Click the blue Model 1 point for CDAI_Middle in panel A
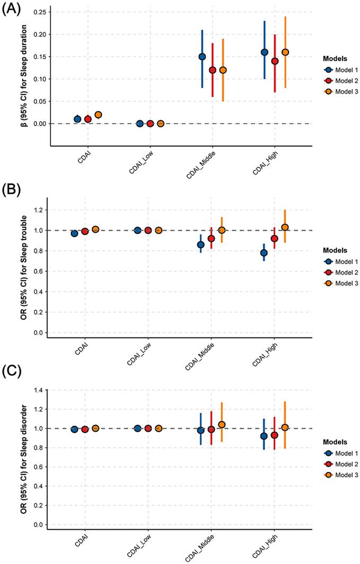coord(202,57)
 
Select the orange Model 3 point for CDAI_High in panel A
coord(285,52)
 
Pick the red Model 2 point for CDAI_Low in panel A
coord(150,123)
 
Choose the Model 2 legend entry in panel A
coord(336,80)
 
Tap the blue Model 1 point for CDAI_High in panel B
coord(264,252)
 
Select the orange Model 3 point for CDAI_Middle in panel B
coord(222,230)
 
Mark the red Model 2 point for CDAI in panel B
coord(85,231)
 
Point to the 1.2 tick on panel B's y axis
coord(40,210)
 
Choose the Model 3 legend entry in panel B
coord(336,284)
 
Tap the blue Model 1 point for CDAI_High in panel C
coord(264,436)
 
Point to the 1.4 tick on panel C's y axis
coord(40,390)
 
